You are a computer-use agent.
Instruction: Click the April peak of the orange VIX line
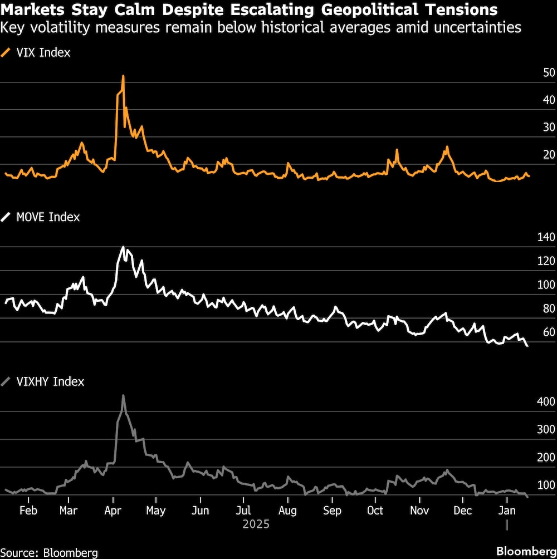point(123,76)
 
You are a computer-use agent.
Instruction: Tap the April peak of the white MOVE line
point(123,247)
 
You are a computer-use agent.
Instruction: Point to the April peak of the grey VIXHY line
point(123,395)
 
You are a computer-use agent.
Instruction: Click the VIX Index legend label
point(43,53)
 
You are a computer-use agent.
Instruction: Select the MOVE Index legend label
point(48,217)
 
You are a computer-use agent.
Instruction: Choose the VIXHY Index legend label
point(50,381)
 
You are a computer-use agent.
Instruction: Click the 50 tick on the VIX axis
point(534,73)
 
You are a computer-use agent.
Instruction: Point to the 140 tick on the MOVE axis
point(531,238)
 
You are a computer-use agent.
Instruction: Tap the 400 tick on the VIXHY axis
point(531,402)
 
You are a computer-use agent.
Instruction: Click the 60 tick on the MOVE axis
point(534,332)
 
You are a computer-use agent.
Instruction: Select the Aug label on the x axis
point(287,511)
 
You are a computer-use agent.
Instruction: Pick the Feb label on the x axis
point(28,511)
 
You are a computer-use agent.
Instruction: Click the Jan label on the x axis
point(506,511)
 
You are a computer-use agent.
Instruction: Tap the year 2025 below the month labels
point(256,524)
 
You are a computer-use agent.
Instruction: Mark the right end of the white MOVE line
point(527,346)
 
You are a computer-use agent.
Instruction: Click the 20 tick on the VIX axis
point(534,155)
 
